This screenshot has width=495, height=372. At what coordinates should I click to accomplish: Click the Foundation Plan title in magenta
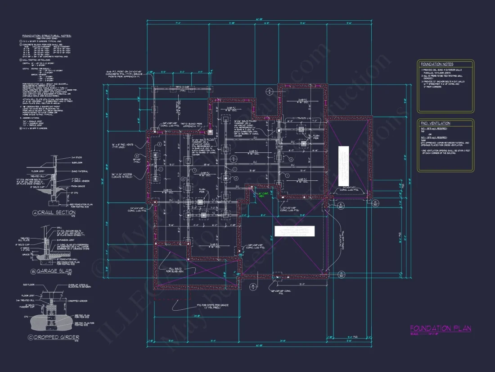(441, 329)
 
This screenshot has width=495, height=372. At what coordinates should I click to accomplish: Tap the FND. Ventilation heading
(435, 123)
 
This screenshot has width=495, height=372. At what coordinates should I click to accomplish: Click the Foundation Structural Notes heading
(47, 36)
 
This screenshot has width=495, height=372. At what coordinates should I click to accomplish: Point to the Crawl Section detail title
(58, 212)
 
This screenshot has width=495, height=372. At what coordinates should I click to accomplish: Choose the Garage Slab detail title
(58, 271)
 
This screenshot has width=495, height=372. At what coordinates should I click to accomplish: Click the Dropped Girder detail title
(59, 337)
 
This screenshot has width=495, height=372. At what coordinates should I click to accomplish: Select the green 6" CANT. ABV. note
(263, 195)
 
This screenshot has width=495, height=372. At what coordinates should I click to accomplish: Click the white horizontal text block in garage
(294, 230)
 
